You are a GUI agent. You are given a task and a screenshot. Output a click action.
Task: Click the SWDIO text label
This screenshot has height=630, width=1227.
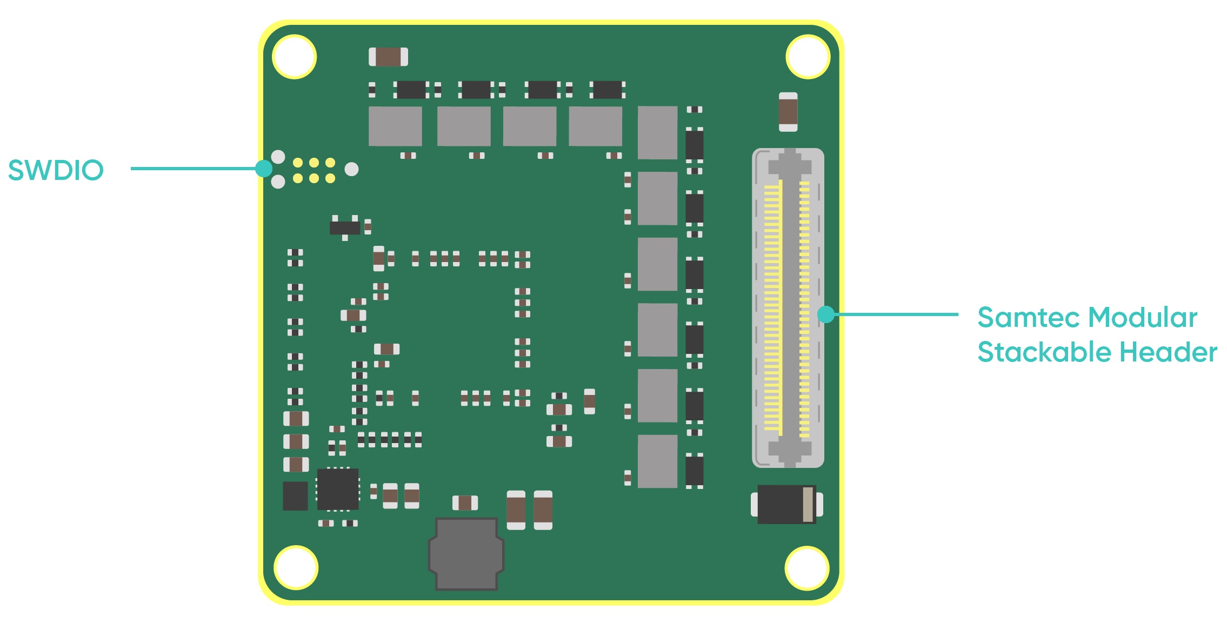(x=56, y=170)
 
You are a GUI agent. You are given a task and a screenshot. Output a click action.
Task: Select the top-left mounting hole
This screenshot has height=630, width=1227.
(x=295, y=57)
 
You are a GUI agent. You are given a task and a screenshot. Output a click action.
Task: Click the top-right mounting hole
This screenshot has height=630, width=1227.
(x=808, y=57)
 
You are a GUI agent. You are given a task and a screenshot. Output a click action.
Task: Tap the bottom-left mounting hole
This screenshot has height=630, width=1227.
(x=296, y=567)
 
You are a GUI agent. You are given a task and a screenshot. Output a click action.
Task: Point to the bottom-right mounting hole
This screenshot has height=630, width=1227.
(x=807, y=568)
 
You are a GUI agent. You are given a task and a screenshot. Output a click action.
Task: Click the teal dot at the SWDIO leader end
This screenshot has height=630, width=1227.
(x=264, y=169)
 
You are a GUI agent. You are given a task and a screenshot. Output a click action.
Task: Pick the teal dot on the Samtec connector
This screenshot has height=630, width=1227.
(x=826, y=314)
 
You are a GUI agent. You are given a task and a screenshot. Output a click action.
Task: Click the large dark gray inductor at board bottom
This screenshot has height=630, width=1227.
(x=466, y=553)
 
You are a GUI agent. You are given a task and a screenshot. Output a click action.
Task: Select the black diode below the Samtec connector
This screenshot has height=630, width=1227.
(x=786, y=504)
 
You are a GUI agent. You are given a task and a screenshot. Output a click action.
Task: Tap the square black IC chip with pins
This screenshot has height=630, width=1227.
(x=338, y=489)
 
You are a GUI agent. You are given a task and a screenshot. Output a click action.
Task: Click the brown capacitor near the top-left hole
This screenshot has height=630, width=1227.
(x=388, y=57)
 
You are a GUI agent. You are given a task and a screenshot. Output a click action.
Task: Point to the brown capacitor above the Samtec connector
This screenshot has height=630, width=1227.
(x=788, y=112)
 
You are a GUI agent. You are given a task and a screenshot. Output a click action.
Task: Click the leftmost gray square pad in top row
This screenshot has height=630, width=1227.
(x=395, y=126)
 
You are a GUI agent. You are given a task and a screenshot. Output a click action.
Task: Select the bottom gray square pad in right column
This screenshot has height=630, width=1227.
(x=657, y=461)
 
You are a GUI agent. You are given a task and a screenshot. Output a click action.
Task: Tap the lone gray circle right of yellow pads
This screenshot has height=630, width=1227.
(x=351, y=170)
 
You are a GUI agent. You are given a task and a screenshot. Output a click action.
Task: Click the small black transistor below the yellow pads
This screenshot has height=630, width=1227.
(x=345, y=227)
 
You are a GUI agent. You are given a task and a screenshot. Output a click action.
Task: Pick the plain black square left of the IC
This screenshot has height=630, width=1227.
(x=295, y=495)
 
